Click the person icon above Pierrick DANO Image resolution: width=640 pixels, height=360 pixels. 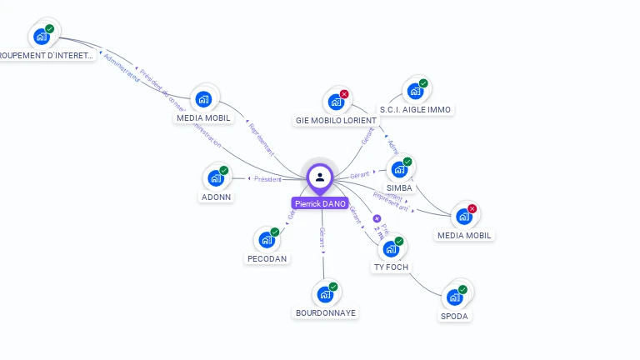coord(320,177)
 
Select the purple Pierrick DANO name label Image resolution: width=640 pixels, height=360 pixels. coord(320,203)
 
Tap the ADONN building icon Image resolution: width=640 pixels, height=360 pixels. coord(216,177)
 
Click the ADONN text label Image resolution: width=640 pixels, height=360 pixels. coord(217,197)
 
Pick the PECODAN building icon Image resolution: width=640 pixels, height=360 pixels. coord(267,239)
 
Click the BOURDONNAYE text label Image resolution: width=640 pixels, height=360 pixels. coord(325,313)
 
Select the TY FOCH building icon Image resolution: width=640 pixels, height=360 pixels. coord(391,248)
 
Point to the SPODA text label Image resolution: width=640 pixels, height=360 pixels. coord(454,317)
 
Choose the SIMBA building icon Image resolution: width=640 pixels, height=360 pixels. coord(399,169)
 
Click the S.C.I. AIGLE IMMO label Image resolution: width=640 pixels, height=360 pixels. coord(415,109)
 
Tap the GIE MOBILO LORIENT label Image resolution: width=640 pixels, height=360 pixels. coord(336,121)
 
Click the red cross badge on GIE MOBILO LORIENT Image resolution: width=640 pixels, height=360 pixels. coord(344,94)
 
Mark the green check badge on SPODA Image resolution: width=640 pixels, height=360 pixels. coord(462,290)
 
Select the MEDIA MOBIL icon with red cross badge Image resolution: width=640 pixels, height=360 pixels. coord(464,216)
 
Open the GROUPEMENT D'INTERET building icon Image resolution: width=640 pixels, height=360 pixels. coord(41,37)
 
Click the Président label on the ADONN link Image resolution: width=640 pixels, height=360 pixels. coord(267,179)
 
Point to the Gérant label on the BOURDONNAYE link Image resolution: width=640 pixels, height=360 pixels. coord(322,237)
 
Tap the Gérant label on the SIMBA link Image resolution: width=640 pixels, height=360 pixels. coord(359,175)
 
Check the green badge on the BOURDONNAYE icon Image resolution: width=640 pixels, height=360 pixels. coord(333,287)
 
